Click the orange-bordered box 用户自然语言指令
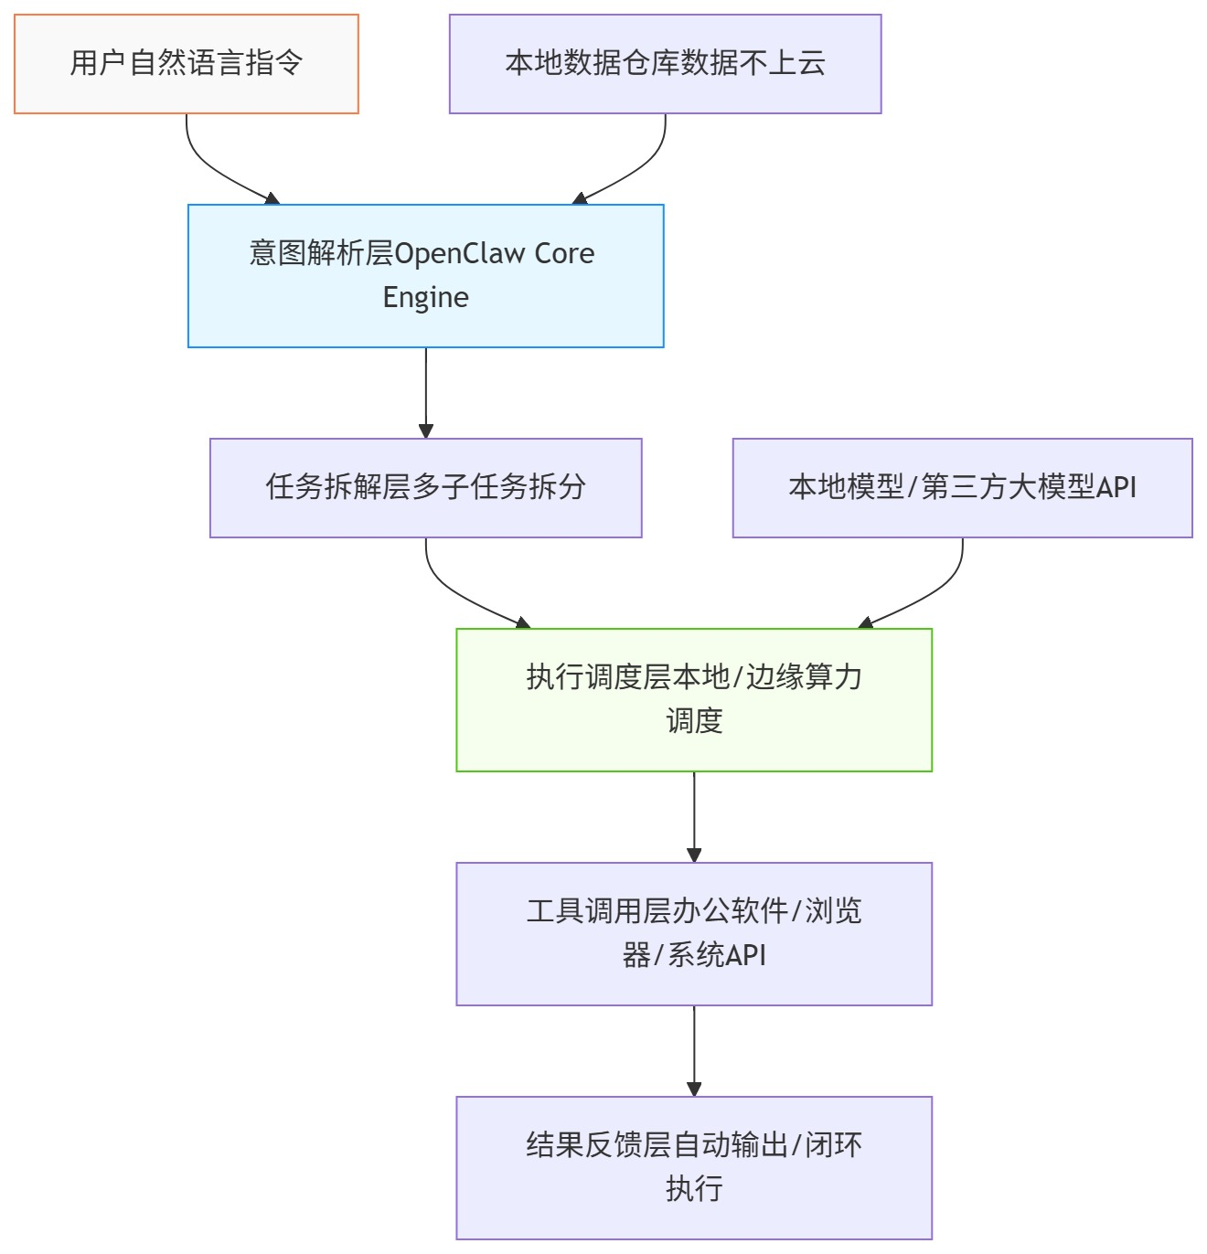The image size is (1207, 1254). [x=187, y=64]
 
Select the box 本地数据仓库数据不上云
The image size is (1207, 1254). [x=665, y=64]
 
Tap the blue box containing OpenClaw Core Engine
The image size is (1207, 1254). [x=425, y=275]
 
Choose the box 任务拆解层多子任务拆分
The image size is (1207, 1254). [x=425, y=487]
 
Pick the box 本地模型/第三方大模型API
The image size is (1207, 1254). [x=962, y=487]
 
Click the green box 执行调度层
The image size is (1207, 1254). [x=693, y=699]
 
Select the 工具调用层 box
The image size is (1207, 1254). [x=693, y=933]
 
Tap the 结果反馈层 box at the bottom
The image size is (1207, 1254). [x=693, y=1167]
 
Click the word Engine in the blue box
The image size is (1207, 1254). [x=425, y=298]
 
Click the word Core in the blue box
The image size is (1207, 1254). [x=564, y=253]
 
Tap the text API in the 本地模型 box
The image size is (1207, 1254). [x=1116, y=487]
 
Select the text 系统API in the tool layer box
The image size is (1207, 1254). [x=717, y=955]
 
